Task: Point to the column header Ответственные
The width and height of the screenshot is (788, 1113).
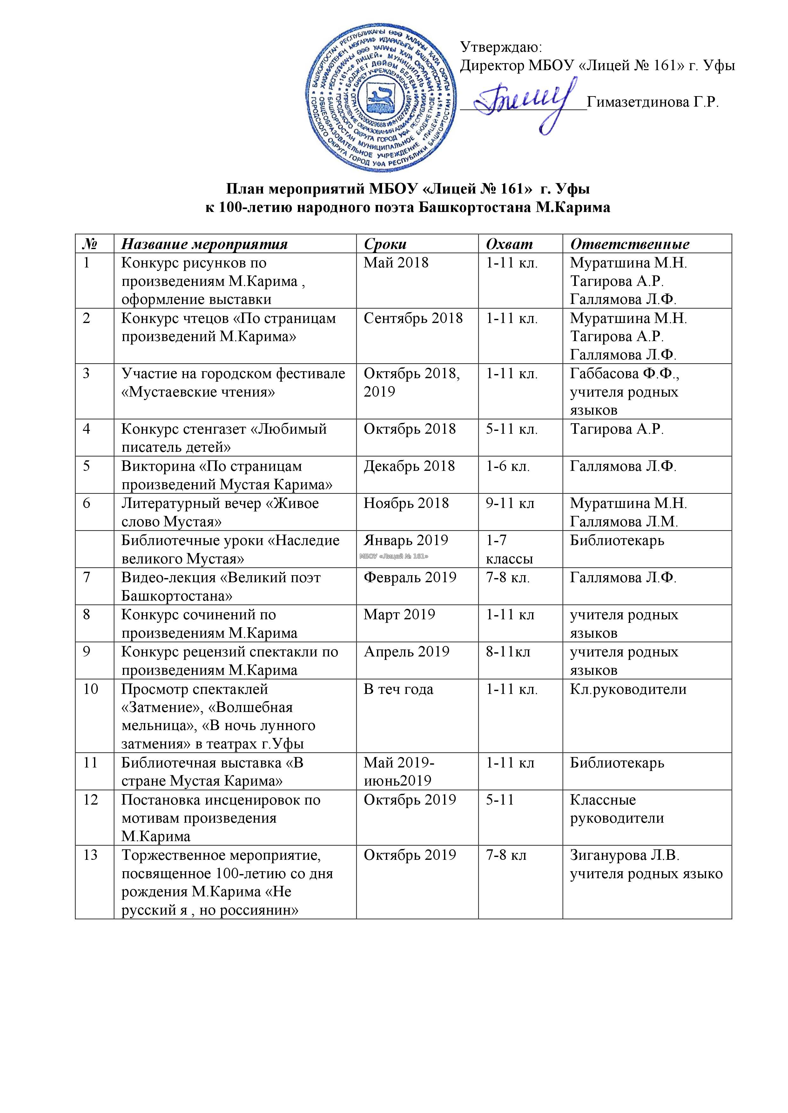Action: click(629, 244)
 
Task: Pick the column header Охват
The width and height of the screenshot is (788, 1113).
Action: click(509, 244)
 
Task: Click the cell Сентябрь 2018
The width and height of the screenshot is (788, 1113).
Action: click(413, 319)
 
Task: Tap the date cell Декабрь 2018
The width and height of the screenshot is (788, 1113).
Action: click(409, 466)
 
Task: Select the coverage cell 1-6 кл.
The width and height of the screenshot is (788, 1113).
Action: click(508, 466)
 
